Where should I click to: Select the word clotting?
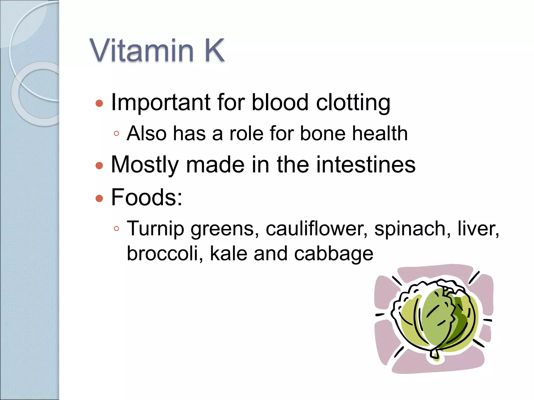coord(353,103)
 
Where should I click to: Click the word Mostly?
coord(145,165)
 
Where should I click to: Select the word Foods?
coord(147,197)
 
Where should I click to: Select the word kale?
coord(228,253)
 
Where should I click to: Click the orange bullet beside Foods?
coord(99,198)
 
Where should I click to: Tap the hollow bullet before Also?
coord(117,134)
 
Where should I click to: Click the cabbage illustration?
coord(434,319)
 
